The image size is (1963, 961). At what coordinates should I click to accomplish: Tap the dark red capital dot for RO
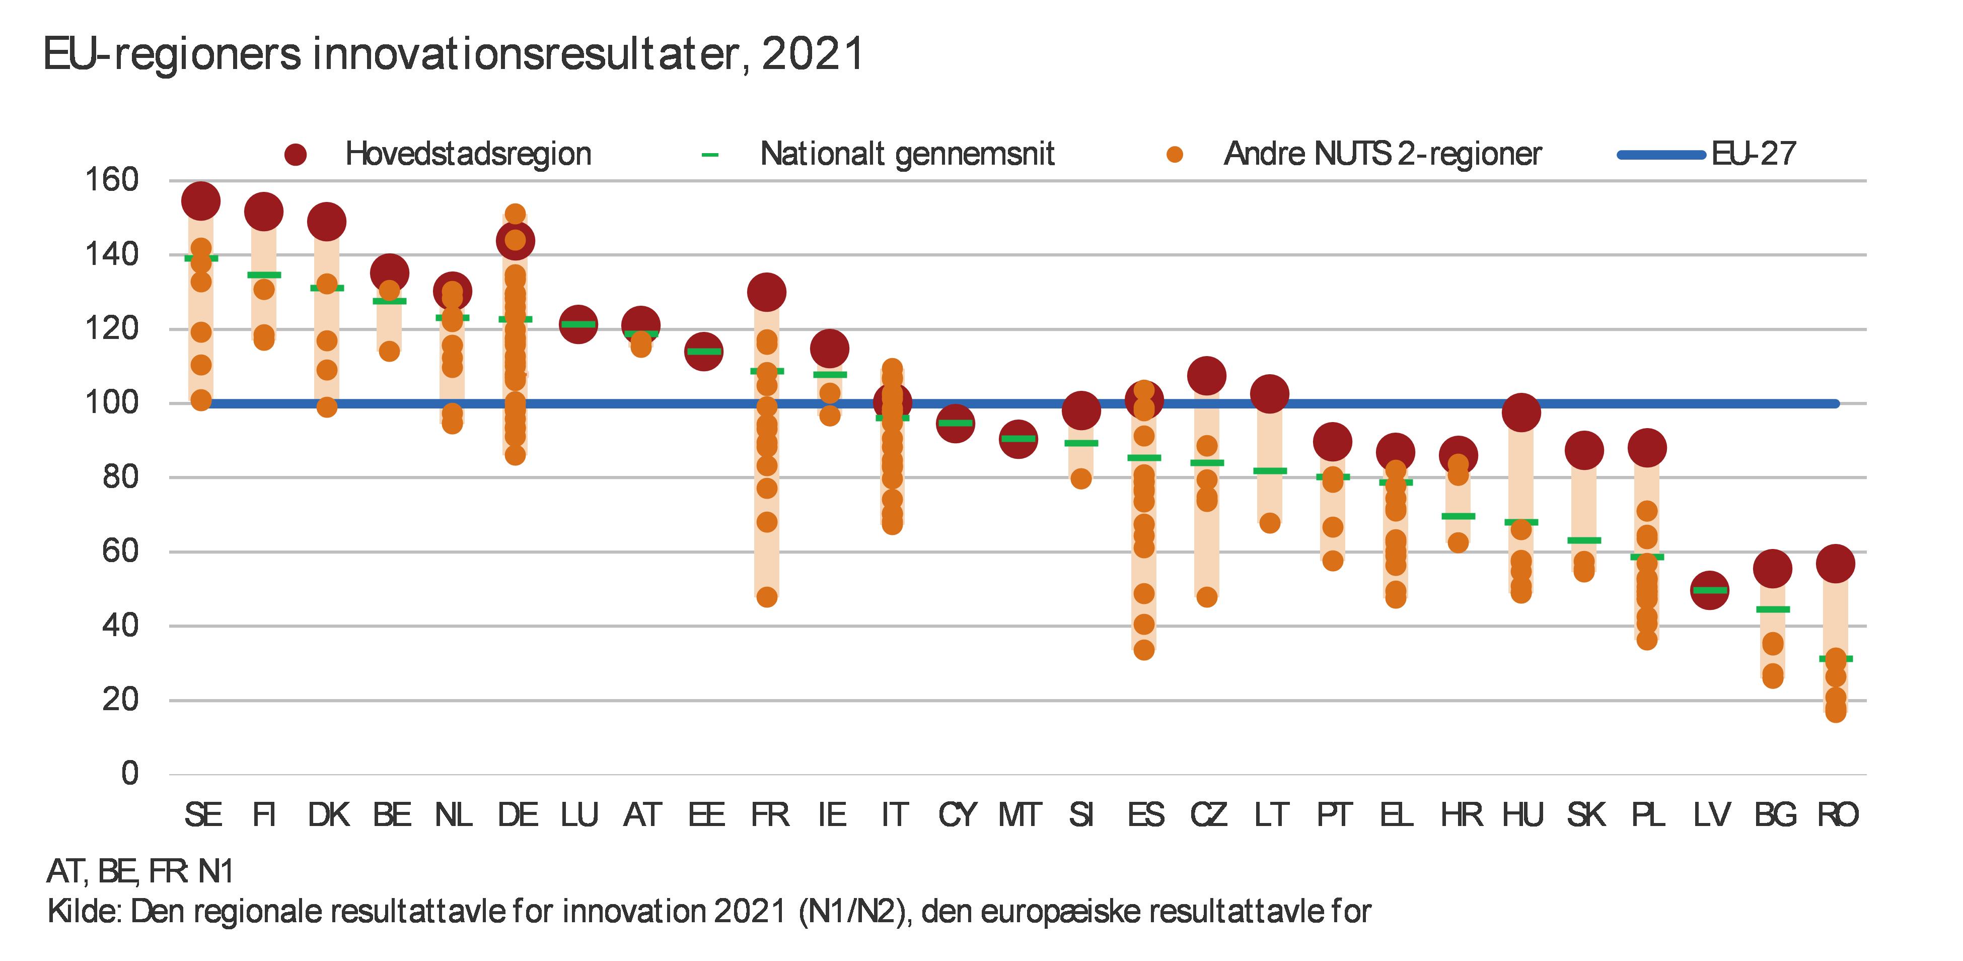click(x=1836, y=564)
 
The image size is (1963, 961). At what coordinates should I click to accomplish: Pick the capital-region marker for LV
click(x=1709, y=590)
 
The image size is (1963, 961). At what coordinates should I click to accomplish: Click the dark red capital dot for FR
click(x=767, y=292)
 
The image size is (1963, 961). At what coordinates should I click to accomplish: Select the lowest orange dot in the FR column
click(x=767, y=597)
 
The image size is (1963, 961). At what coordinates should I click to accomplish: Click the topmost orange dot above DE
click(x=515, y=214)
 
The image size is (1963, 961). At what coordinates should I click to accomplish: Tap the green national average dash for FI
click(x=264, y=275)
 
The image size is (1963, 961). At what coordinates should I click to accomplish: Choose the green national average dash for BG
click(x=1773, y=609)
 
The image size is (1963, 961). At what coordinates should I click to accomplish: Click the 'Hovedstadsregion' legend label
click(x=468, y=154)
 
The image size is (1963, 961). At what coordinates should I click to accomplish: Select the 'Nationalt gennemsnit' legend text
click(x=907, y=154)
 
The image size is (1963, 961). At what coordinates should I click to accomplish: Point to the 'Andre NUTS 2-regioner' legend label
click(x=1383, y=154)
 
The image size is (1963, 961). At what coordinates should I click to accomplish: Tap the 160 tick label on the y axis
click(x=111, y=181)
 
